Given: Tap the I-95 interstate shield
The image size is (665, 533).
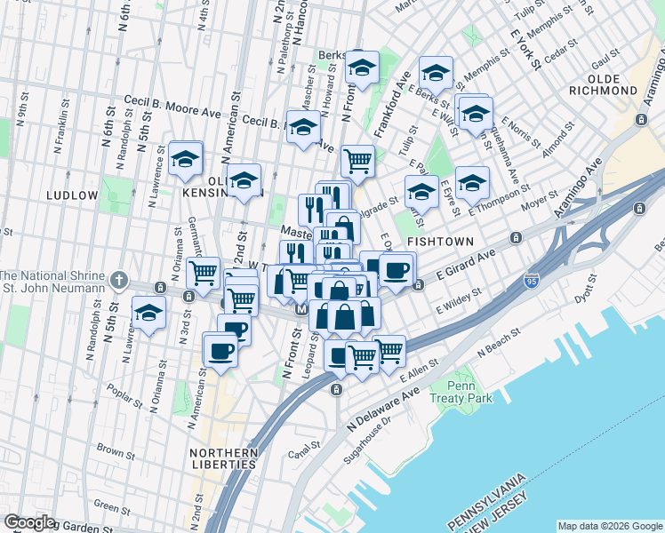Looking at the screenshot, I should pyautogui.click(x=532, y=279).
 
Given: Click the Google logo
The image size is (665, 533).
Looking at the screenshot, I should pyautogui.click(x=30, y=522).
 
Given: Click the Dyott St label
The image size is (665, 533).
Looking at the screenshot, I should pyautogui.click(x=583, y=287).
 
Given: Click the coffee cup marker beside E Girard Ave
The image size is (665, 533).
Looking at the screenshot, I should pyautogui.click(x=397, y=268).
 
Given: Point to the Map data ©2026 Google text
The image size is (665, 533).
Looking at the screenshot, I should pyautogui.click(x=609, y=525).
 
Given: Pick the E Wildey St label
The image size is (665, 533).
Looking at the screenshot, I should pyautogui.click(x=459, y=300).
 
